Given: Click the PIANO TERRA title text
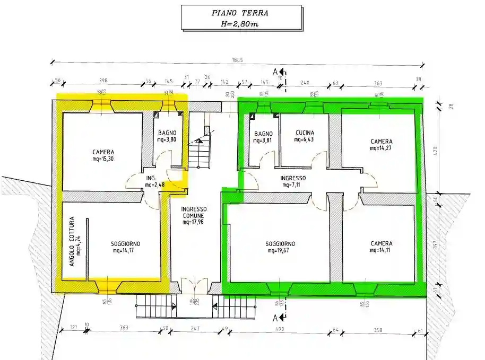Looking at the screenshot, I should coord(241,13).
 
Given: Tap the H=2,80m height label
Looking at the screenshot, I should coord(241,23).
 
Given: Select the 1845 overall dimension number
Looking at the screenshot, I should coord(237,60).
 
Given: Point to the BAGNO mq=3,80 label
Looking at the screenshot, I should coord(167,137).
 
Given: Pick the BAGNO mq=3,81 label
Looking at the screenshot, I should coord(263,137).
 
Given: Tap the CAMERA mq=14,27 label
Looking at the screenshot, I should coord(382,145).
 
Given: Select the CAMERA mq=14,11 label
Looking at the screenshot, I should coord(382,247).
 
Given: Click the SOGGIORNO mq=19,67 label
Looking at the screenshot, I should coord(281,247).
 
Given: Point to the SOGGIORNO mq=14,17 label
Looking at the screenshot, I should coord(126,247).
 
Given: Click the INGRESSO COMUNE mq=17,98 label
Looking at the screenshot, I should coord(194,215).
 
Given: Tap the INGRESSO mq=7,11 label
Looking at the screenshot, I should coord(293,181).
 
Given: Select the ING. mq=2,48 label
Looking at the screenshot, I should coord(153,181).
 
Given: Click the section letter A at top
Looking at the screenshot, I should coord(275,71).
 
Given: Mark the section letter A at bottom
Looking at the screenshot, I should coord(275,318).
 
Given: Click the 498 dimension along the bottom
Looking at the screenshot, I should coord(280,329).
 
